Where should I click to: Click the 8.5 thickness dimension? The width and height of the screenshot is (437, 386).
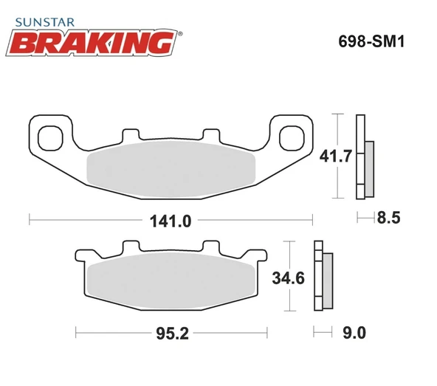click(388, 218)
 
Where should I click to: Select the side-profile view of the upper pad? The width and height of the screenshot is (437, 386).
click(364, 157)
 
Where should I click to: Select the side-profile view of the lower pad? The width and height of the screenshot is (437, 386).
click(323, 278)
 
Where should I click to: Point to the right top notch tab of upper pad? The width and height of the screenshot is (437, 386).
click(210, 136)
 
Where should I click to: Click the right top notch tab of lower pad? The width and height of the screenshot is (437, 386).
click(210, 248)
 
